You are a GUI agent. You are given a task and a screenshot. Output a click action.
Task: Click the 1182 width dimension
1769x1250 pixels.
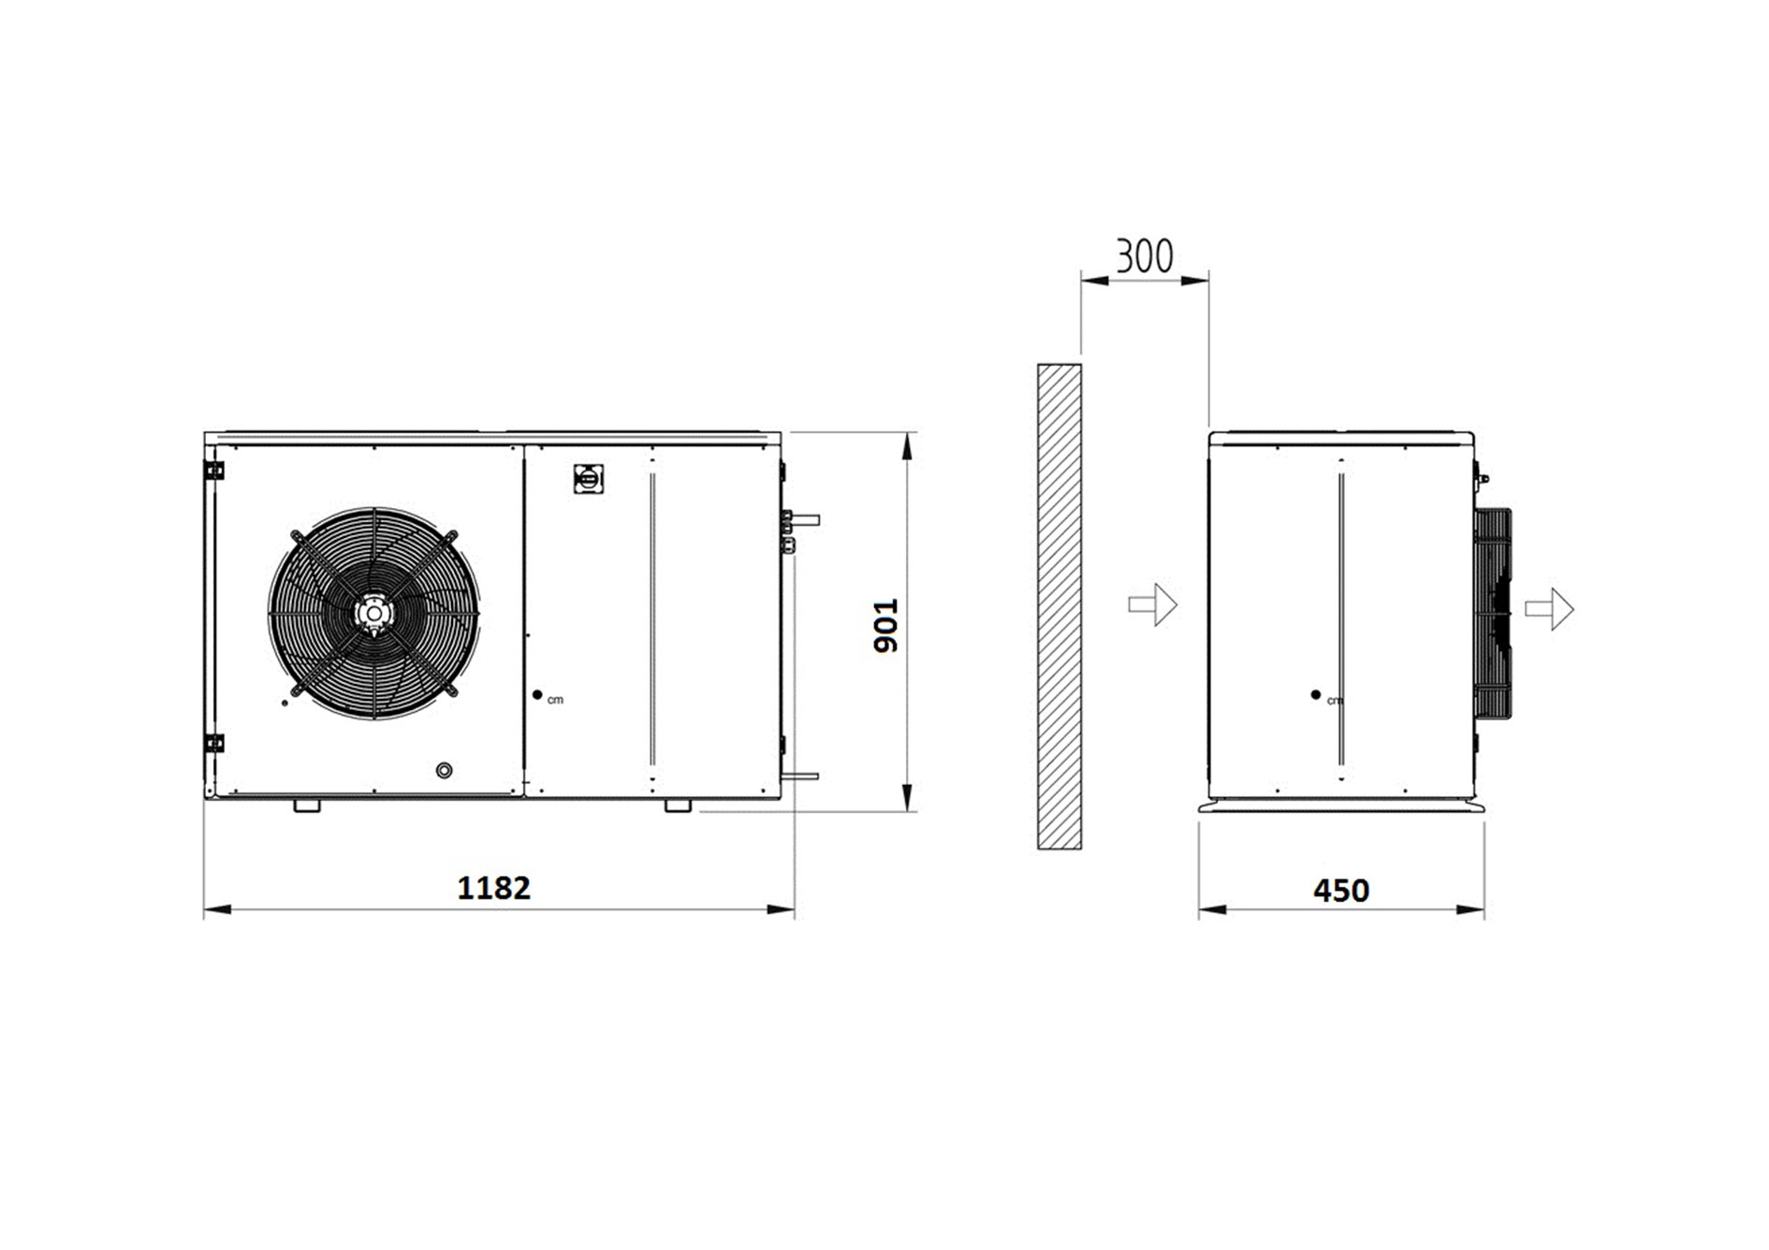tap(493, 887)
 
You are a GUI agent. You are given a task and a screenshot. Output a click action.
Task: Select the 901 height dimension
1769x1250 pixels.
tap(884, 625)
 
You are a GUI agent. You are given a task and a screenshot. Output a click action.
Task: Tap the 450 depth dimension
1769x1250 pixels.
tap(1341, 890)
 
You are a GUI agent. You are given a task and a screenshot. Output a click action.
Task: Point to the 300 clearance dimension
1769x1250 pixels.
tap(1144, 255)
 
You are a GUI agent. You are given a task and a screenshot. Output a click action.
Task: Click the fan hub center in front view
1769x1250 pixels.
tap(373, 613)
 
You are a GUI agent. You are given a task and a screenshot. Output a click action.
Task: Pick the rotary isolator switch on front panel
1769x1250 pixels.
tap(588, 479)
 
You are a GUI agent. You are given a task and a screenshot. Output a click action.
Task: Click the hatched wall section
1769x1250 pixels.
tap(1060, 606)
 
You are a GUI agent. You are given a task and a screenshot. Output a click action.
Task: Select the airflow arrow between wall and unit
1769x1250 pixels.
tap(1152, 604)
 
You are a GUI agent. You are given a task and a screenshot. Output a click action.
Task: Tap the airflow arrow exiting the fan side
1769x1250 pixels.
tap(1550, 609)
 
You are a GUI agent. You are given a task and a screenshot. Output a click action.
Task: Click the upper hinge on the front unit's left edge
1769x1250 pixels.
tap(214, 470)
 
